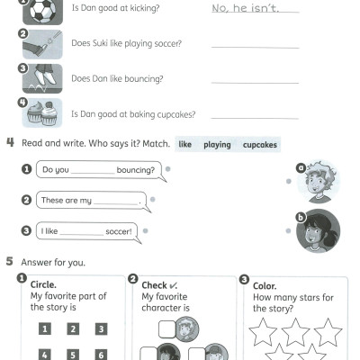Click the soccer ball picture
(42, 12)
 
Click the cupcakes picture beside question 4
(42, 114)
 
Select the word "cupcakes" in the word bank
(260, 144)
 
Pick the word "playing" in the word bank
(217, 144)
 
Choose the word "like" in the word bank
(185, 144)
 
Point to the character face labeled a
(318, 182)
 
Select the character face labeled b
(318, 230)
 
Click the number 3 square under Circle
(102, 329)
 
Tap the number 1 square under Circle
(43, 329)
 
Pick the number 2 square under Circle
(73, 329)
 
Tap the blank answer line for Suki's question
(255, 46)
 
